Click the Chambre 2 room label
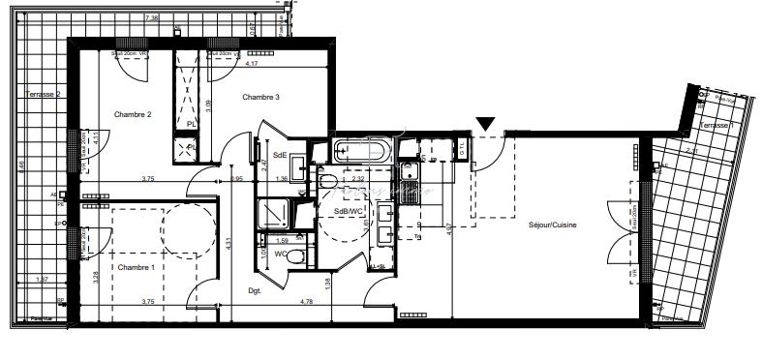pos(134,115)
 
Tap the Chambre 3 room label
pos(261,97)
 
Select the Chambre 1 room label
pos(137,268)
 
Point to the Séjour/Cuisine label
pos(553,225)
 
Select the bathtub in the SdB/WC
pos(362,151)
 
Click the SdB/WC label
pos(347,213)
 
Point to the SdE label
pos(280,156)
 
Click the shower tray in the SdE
pos(274,214)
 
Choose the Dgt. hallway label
pos(256,290)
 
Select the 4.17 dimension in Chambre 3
pos(252,64)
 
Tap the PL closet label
pos(192,124)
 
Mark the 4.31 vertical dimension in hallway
pos(229,245)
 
